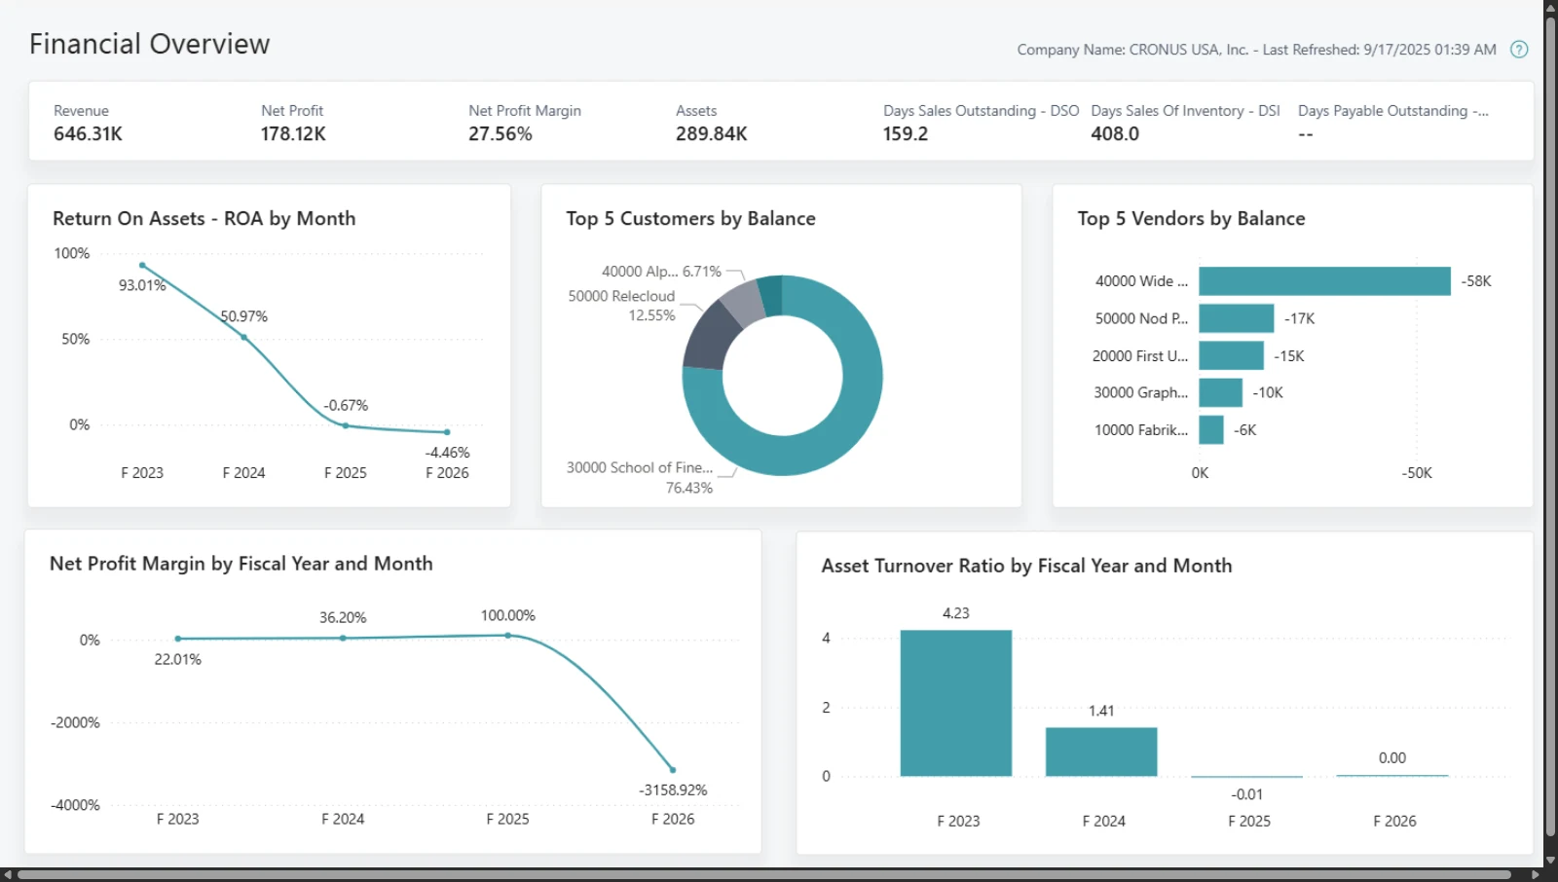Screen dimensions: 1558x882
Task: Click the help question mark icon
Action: [x=1519, y=50]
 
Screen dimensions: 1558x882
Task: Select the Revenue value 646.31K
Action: [x=88, y=133]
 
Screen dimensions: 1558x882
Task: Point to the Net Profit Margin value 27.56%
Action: [x=501, y=133]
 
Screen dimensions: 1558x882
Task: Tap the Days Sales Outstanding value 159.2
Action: [x=905, y=133]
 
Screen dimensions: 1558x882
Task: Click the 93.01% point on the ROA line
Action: [x=142, y=265]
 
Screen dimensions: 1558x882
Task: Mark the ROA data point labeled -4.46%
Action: [x=447, y=432]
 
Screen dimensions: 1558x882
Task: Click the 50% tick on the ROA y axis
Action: [x=76, y=339]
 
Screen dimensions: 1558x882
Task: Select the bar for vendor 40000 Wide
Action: [x=1324, y=281]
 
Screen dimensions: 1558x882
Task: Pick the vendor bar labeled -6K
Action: [x=1211, y=430]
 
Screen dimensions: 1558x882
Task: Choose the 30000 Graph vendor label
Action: [x=1140, y=392]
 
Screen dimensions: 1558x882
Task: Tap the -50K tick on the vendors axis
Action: [x=1416, y=473]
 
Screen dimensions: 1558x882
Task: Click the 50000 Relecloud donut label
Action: [x=621, y=296]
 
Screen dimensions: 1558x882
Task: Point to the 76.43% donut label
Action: [x=688, y=488]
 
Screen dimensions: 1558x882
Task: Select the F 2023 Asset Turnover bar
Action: [x=955, y=703]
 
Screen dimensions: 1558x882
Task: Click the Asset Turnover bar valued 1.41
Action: [x=1101, y=752]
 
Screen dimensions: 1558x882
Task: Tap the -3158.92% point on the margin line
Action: [x=673, y=770]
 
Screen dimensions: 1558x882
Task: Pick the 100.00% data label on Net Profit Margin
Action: [x=507, y=615]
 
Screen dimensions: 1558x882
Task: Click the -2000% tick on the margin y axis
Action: [x=75, y=722]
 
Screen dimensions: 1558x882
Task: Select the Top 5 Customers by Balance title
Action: [x=690, y=218]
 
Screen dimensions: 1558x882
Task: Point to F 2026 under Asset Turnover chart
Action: [x=1394, y=821]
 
